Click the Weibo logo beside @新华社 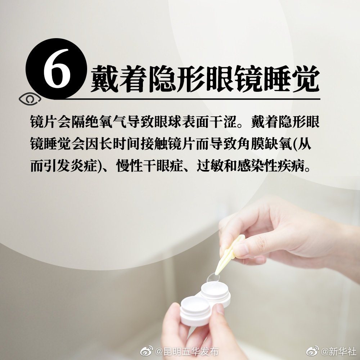point(312,350)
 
